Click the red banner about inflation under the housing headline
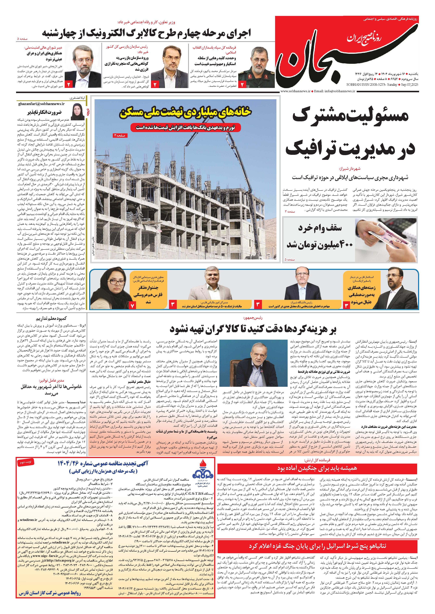185,128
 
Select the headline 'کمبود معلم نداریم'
51,319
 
